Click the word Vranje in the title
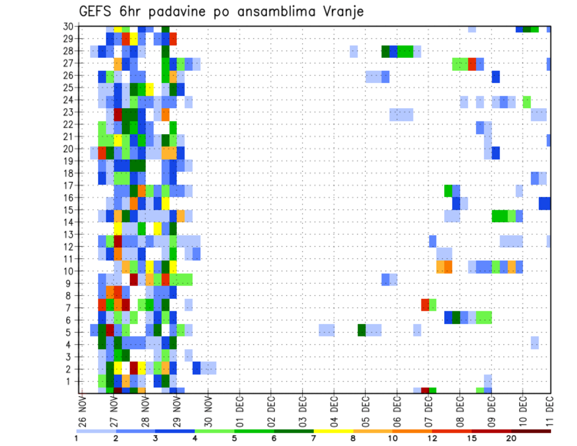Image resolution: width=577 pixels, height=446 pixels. (341, 11)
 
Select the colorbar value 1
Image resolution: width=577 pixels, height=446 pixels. (76, 438)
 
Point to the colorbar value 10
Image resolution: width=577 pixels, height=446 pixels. (393, 438)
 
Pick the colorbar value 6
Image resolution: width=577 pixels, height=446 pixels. (274, 438)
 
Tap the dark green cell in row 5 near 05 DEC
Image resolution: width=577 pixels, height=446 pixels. (362, 330)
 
